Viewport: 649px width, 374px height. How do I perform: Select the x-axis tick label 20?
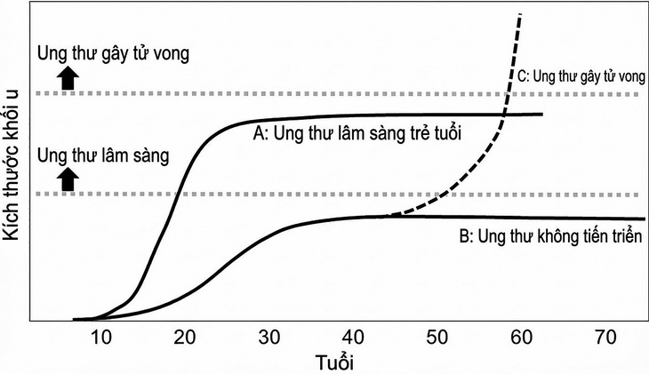(x=185, y=337)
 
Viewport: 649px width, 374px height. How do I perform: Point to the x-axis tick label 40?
(x=352, y=337)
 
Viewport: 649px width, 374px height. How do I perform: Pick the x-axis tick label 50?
(x=436, y=337)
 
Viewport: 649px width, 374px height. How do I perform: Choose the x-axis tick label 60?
(x=520, y=337)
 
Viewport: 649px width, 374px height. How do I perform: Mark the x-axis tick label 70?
(x=604, y=337)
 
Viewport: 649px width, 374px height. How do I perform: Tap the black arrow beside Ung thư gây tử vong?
(x=67, y=78)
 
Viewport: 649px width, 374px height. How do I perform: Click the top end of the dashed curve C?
(x=519, y=14)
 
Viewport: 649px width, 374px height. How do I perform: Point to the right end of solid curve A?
(x=542, y=114)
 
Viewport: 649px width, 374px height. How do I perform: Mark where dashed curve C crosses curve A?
(x=504, y=114)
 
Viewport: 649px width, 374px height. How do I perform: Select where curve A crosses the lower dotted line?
(x=180, y=194)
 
